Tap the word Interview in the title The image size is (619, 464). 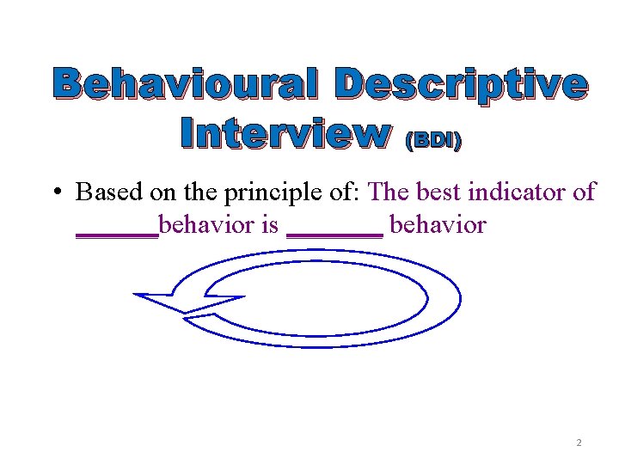click(285, 134)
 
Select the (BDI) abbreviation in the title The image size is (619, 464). click(432, 140)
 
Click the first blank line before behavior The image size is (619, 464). click(117, 234)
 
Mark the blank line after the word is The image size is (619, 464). click(334, 234)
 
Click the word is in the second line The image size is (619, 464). click(269, 226)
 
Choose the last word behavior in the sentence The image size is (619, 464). click(438, 226)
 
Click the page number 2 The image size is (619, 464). click(579, 443)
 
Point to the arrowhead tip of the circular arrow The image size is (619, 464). click(136, 296)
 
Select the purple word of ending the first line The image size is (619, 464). click(583, 192)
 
